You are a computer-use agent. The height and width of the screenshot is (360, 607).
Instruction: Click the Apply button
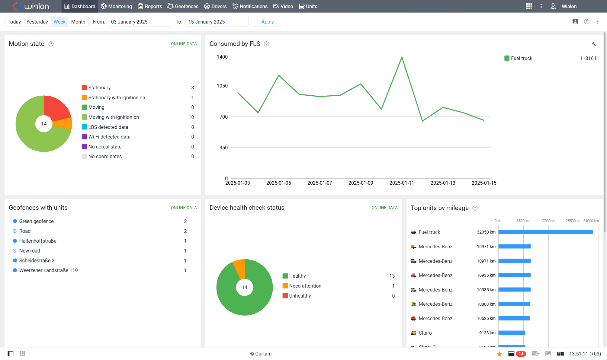[267, 22]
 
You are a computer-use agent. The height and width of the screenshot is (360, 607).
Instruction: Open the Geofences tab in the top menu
[183, 6]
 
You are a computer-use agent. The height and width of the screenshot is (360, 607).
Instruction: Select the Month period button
[78, 22]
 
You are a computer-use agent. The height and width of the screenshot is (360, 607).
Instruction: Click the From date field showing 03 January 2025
[139, 22]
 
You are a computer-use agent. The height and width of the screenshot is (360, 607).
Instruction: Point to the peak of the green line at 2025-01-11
[402, 57]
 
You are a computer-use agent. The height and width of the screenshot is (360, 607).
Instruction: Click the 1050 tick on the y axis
[222, 86]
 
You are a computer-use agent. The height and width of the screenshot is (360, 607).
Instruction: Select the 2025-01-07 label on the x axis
[320, 183]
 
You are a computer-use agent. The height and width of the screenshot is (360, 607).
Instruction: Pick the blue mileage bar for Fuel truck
[545, 232]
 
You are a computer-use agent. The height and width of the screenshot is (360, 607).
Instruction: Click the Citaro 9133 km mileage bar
[512, 333]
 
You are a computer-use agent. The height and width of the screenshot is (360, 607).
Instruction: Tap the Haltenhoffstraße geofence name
[38, 241]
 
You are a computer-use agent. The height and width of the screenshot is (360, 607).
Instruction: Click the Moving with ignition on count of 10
[191, 117]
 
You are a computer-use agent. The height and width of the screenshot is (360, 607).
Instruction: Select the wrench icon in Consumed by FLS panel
[594, 44]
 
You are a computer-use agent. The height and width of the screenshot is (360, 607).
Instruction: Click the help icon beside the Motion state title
[51, 44]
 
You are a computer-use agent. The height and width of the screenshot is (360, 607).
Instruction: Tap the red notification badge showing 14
[521, 354]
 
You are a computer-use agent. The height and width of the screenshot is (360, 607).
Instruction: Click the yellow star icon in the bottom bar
[499, 354]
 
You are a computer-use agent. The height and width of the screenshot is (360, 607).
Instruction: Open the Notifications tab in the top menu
[250, 6]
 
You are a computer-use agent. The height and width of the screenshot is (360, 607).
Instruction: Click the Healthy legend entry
[297, 276]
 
